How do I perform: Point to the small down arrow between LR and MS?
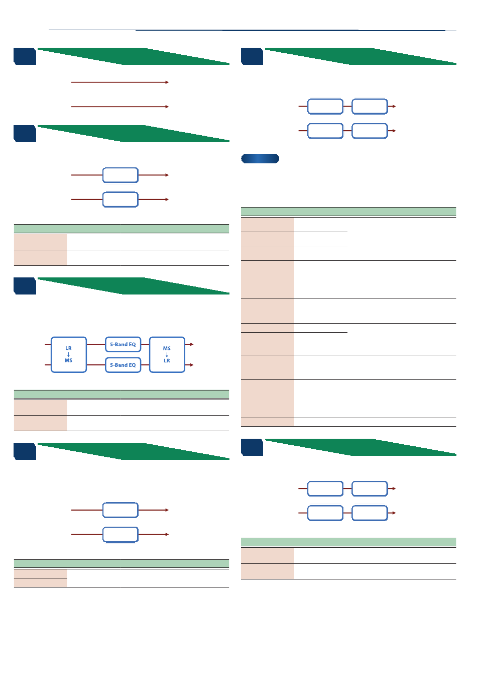click(69, 354)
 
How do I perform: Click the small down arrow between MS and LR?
click(167, 354)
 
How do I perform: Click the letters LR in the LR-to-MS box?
click(69, 348)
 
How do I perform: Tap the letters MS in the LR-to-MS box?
click(69, 360)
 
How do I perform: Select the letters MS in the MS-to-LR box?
click(167, 348)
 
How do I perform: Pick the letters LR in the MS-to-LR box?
click(167, 360)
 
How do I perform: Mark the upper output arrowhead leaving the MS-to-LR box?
click(192, 344)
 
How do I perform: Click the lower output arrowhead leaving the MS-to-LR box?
click(192, 365)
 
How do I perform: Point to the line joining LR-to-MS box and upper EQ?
click(96, 344)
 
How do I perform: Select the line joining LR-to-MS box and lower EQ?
click(96, 365)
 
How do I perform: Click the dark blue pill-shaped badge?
click(260, 158)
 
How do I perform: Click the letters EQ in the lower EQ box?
click(132, 365)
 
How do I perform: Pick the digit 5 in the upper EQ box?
click(111, 344)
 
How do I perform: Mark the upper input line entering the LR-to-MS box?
click(48, 344)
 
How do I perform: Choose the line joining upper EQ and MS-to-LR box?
click(145, 344)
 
